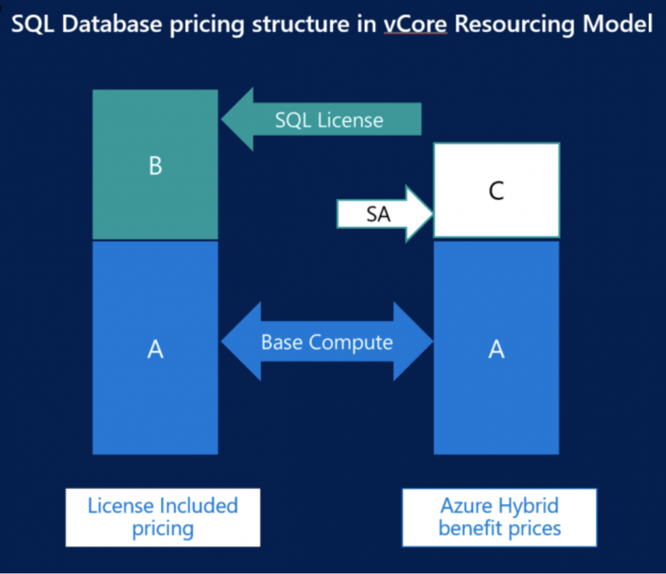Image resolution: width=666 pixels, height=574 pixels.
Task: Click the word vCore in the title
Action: click(415, 24)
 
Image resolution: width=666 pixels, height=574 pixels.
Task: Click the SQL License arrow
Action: click(326, 120)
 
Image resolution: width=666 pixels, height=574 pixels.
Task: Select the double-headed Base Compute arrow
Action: click(327, 341)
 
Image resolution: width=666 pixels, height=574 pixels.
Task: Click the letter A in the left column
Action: click(155, 350)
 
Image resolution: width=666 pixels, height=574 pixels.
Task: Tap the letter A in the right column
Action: click(497, 350)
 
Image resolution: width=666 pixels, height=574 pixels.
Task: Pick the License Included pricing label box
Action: click(162, 517)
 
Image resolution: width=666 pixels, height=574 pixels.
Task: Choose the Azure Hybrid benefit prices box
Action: click(500, 517)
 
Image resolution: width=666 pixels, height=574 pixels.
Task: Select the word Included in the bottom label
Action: click(199, 506)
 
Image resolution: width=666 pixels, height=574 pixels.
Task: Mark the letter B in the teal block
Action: click(155, 167)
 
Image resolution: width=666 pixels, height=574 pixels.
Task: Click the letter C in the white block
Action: click(497, 192)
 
